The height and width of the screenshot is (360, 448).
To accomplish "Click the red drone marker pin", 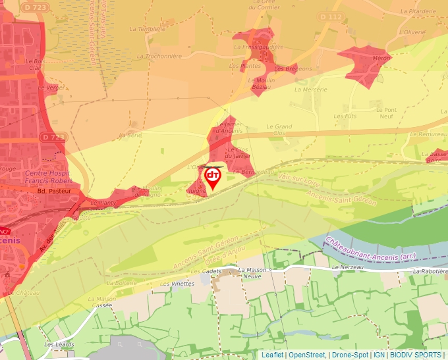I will (x=213, y=177).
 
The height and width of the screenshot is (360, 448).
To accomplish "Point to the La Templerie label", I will (x=147, y=29).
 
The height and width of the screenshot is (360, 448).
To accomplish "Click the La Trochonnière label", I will (x=159, y=56).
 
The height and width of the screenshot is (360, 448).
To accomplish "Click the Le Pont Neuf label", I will (x=386, y=113).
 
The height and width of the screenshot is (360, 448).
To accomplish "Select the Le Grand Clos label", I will (x=279, y=130).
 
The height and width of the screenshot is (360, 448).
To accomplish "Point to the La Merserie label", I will (x=310, y=89).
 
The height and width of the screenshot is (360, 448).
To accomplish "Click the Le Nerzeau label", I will (x=347, y=268).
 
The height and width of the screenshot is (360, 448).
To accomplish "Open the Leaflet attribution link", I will (x=272, y=355).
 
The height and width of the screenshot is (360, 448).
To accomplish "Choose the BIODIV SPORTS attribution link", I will (x=416, y=355).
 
